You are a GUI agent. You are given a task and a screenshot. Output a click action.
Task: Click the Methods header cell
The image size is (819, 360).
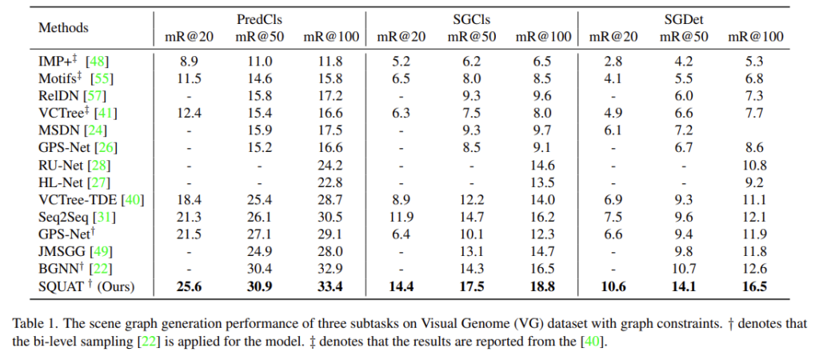pyautogui.click(x=63, y=27)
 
